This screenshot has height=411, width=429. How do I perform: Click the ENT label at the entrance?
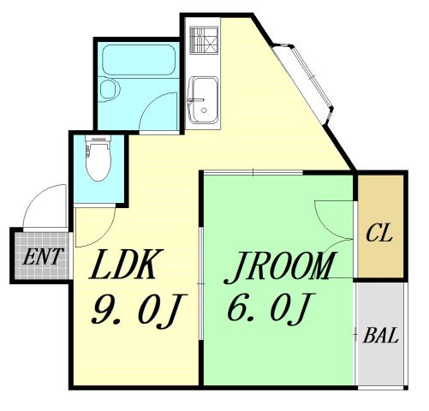(39, 255)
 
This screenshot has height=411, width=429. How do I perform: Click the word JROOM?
(278, 268)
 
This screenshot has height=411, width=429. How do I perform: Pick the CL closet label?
(378, 233)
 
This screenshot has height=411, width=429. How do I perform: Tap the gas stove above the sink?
(203, 41)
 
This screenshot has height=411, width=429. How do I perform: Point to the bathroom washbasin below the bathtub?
(109, 91)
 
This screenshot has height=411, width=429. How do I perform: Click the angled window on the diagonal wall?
(306, 74)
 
